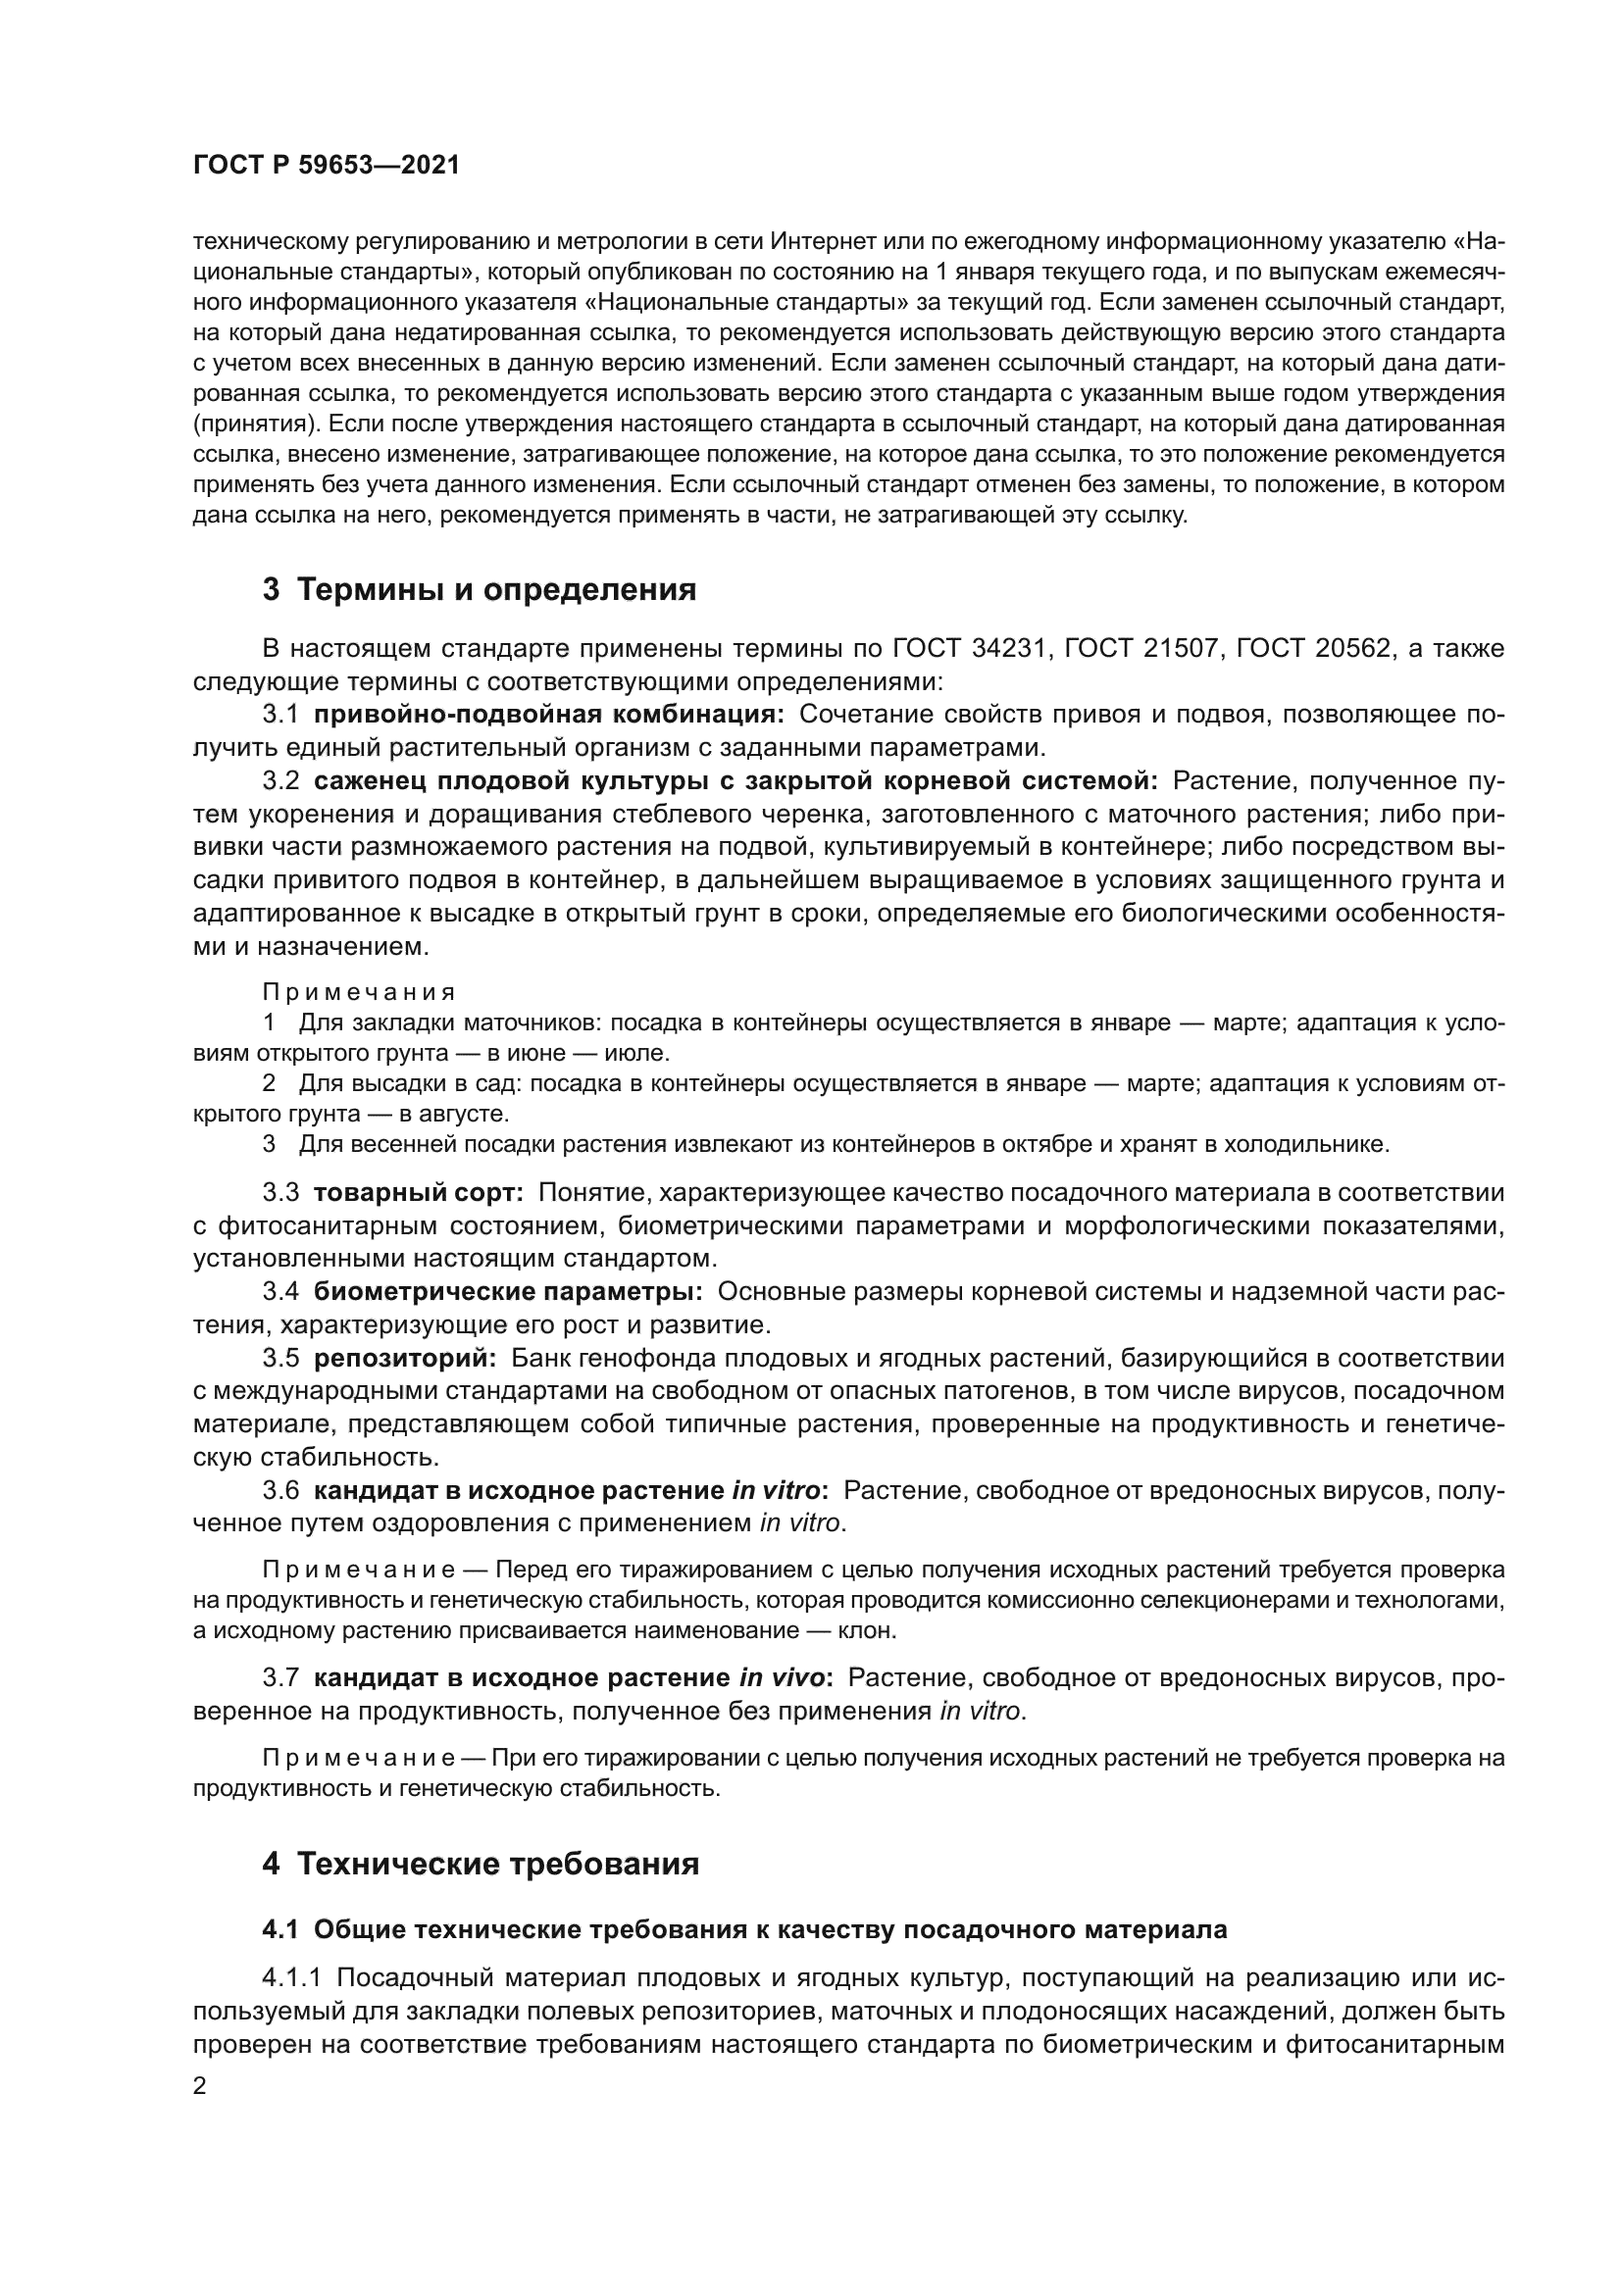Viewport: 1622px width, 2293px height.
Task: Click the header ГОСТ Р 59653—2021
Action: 326,166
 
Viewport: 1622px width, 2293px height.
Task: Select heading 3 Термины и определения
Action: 480,590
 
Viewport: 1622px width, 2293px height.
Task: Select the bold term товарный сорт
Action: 419,1192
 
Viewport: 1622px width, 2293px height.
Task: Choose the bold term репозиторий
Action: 404,1358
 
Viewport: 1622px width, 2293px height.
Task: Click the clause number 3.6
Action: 280,1490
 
